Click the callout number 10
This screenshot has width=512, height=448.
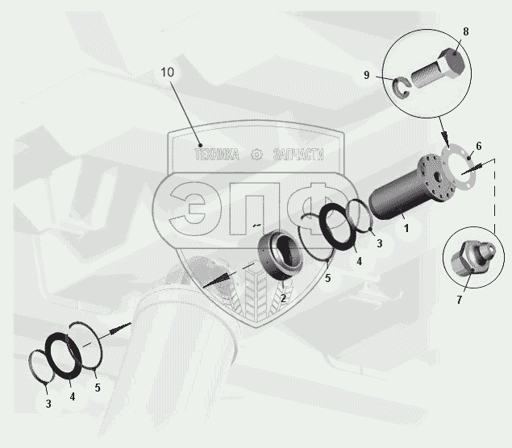click(167, 73)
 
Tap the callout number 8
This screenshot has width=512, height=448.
click(466, 31)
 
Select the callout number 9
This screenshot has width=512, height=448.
click(366, 75)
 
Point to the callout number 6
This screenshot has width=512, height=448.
click(479, 146)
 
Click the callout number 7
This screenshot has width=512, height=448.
click(460, 300)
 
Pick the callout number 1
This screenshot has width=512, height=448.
click(406, 228)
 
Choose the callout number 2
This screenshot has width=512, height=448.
click(283, 298)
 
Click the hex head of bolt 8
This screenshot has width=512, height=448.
click(452, 63)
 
